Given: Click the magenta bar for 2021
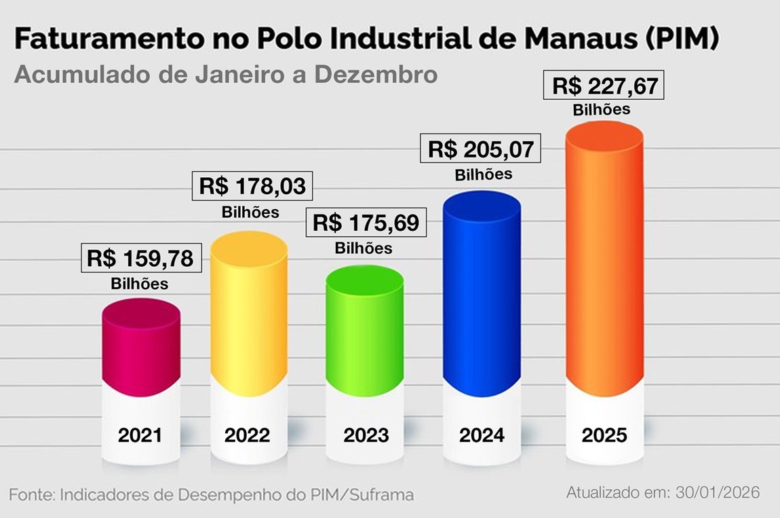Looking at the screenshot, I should [141, 350].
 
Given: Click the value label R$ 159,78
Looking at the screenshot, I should [140, 259].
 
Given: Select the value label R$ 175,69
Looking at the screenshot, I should [366, 223].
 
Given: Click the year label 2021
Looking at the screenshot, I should [140, 435].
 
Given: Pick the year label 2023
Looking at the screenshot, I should [366, 435].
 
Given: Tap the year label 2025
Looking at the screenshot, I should [604, 435].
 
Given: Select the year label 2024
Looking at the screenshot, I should [482, 435].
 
